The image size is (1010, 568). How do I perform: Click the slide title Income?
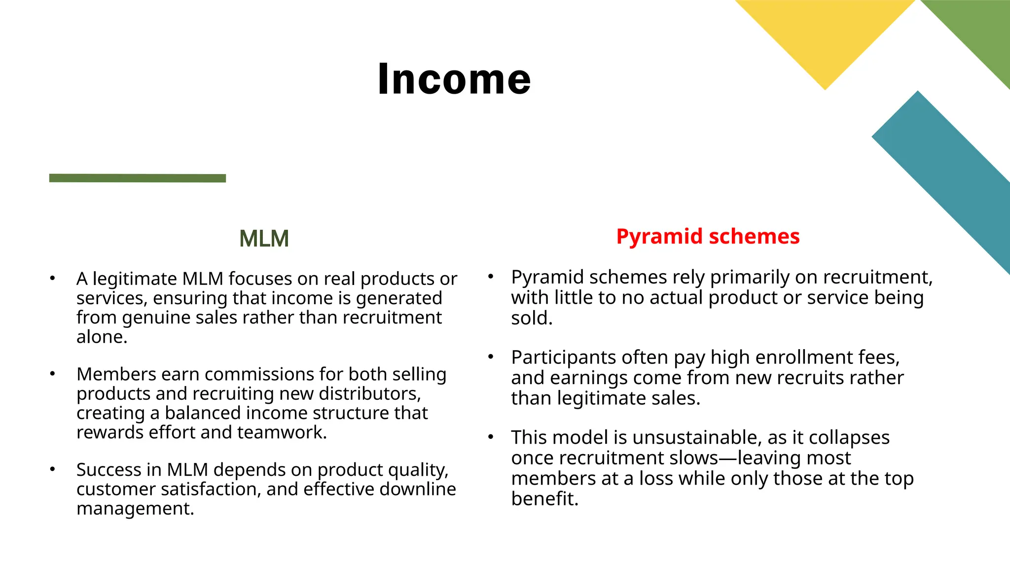[454, 79]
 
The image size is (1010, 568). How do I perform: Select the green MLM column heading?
[264, 239]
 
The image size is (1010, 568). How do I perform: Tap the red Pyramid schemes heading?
[708, 237]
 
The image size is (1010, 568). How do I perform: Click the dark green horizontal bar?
[138, 178]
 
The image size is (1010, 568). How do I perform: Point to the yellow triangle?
[825, 35]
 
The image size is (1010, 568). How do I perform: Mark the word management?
[135, 509]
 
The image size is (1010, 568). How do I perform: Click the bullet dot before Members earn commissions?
[52, 374]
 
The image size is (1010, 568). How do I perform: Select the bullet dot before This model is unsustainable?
[491, 437]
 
